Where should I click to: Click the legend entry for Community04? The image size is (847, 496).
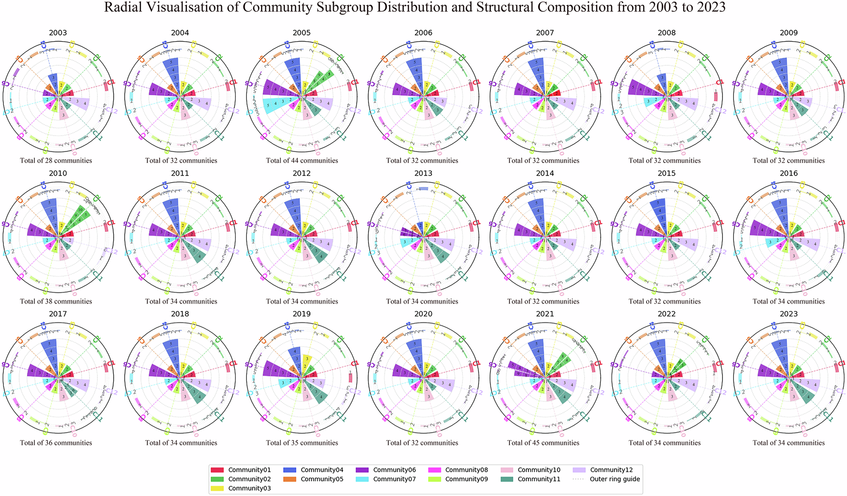321,470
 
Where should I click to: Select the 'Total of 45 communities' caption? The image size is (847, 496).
543,443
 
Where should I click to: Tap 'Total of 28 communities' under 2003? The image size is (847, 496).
56,161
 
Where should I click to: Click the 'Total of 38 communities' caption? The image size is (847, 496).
56,302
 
